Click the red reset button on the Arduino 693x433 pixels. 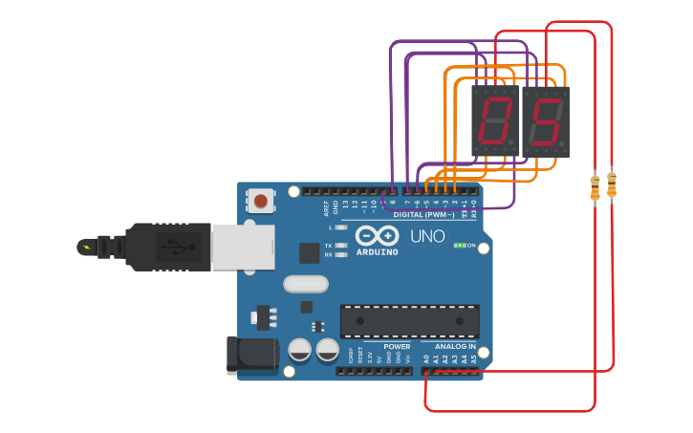260,201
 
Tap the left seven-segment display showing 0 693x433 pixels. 495,121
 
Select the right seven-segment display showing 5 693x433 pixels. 546,121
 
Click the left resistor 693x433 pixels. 596,187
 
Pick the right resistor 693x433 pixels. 612,184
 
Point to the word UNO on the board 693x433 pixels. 427,236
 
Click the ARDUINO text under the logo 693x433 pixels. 377,252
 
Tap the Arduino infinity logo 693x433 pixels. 377,235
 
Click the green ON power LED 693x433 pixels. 459,246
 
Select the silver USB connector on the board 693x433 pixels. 242,247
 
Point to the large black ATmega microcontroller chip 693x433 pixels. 410,321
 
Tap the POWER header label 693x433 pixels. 397,347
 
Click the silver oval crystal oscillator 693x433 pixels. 306,284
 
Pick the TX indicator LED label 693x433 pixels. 328,245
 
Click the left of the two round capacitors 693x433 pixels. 299,350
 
